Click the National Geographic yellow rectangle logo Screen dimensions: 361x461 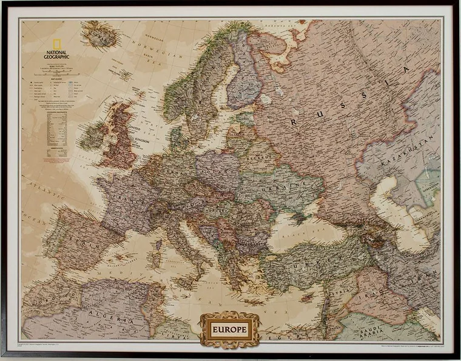pyautogui.click(x=56, y=45)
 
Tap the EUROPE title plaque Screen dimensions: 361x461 pyautogui.click(x=229, y=330)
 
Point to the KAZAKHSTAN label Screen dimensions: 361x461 pyautogui.click(x=408, y=152)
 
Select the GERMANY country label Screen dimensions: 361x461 pyautogui.click(x=177, y=169)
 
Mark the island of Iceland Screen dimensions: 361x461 pyautogui.click(x=99, y=35)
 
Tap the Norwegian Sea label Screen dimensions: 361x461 pyautogui.click(x=154, y=46)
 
